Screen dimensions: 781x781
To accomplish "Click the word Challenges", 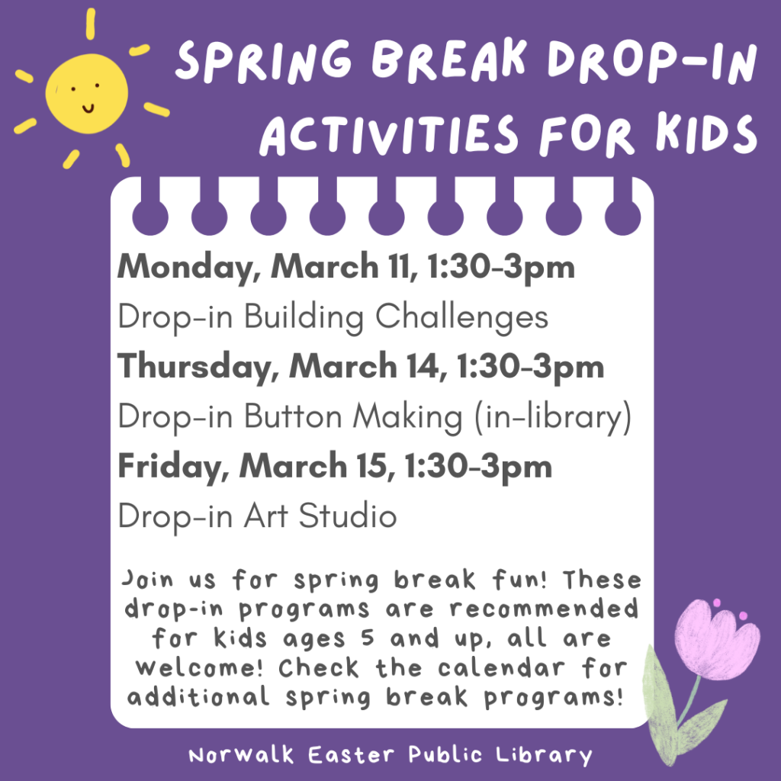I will pyautogui.click(x=472, y=317).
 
